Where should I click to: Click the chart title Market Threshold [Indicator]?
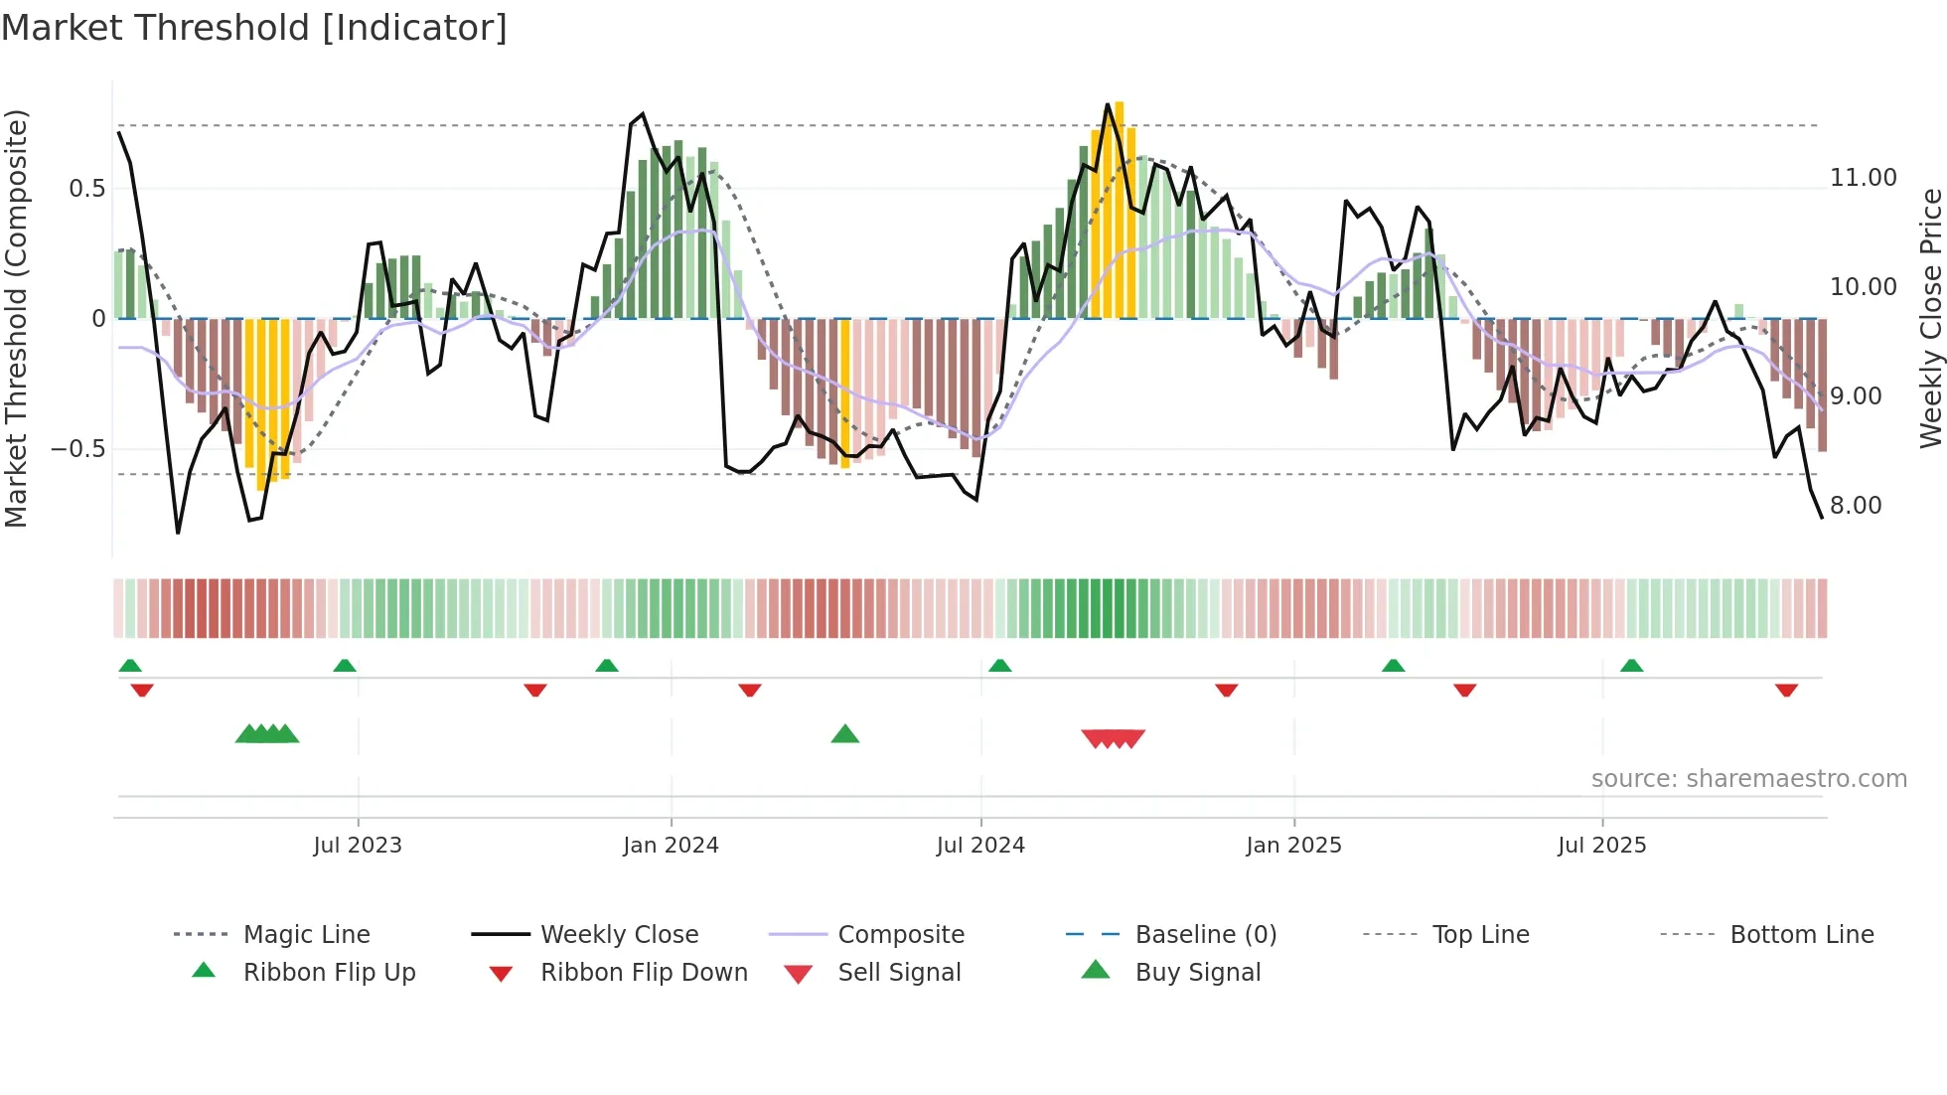pos(254,28)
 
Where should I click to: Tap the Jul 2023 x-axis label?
pos(358,846)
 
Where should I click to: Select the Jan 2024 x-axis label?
pos(671,846)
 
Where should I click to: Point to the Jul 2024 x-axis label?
pos(980,846)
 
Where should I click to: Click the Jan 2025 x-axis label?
pos(1293,846)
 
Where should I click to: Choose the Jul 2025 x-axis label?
pos(1601,846)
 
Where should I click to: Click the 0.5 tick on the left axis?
pos(86,189)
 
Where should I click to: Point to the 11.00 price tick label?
pos(1863,178)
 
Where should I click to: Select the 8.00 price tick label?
pos(1856,506)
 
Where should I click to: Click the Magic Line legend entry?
pos(306,935)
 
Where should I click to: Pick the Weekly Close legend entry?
pos(619,935)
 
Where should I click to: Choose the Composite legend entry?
pos(900,935)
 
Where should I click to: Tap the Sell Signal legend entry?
pos(898,973)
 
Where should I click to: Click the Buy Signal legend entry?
pos(1197,973)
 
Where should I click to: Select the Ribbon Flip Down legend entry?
pos(643,973)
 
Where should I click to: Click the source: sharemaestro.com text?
pos(1748,779)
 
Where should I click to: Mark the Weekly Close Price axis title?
pos(1930,318)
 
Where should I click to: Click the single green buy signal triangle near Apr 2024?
pos(844,734)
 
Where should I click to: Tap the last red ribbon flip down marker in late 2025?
pos(1786,690)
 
